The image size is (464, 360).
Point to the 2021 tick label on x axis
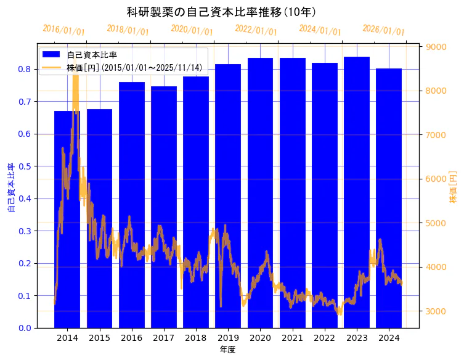(292, 338)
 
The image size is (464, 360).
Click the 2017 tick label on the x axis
(163, 338)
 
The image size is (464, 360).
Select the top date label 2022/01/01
(256, 30)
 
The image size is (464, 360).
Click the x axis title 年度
(227, 350)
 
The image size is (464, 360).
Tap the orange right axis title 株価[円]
(454, 187)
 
